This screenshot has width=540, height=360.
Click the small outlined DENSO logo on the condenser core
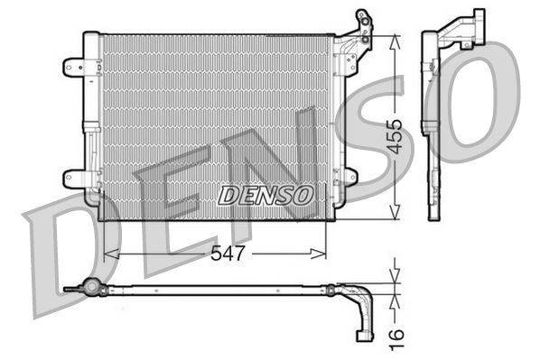pos(266,194)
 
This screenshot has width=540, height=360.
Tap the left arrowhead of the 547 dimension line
pos(110,254)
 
